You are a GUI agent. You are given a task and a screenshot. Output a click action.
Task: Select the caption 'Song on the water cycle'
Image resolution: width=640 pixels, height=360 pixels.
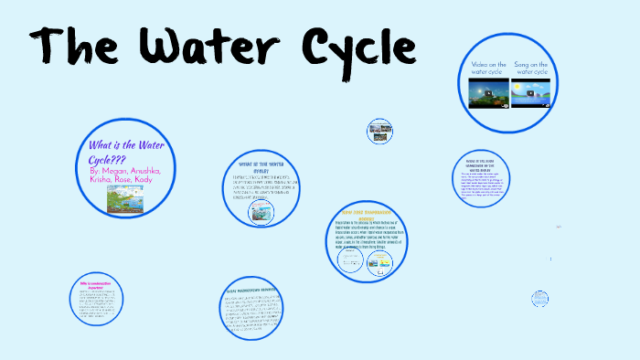(x=530, y=69)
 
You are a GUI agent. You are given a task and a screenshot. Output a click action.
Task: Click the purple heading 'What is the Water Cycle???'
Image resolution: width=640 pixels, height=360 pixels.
(x=123, y=153)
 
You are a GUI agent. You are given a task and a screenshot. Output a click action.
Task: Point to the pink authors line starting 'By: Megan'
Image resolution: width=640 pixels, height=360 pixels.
(x=124, y=175)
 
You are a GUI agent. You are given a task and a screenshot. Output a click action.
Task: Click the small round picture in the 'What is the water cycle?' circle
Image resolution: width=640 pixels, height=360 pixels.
(x=261, y=212)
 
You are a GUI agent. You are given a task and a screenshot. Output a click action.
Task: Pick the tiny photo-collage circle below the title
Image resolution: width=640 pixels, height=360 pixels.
(x=379, y=131)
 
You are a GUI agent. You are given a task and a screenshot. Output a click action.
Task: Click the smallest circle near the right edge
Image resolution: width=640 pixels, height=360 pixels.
(x=540, y=298)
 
